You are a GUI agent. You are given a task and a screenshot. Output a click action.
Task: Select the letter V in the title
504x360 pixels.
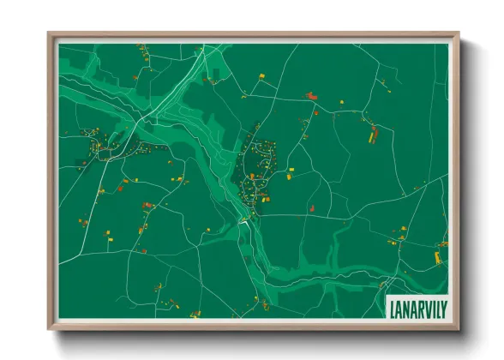423,305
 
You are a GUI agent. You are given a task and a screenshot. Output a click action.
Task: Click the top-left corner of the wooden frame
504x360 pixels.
49,33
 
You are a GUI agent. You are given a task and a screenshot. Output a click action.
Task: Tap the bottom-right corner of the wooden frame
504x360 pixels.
459,329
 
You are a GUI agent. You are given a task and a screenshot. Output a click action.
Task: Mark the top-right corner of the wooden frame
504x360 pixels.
459,33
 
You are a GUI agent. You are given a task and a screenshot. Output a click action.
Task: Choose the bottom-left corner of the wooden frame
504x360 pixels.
49,329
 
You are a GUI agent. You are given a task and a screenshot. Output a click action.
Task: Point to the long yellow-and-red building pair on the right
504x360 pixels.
373,134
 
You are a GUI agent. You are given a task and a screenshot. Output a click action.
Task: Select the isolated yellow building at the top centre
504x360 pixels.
261,77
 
